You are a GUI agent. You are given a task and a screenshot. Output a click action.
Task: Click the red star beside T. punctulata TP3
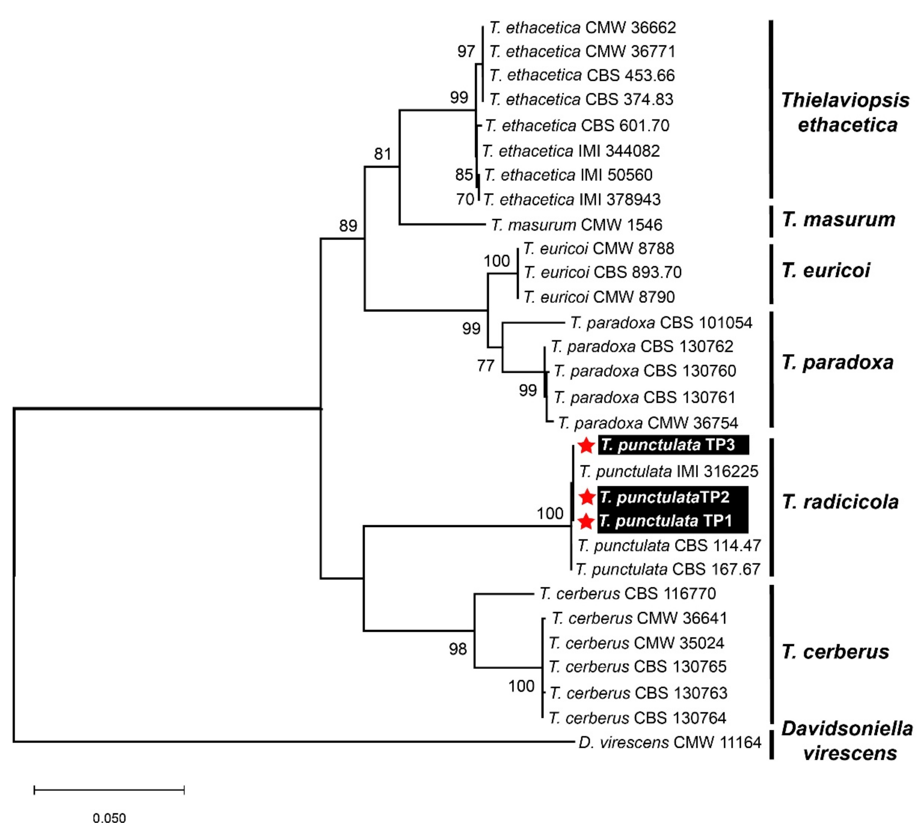[586, 446]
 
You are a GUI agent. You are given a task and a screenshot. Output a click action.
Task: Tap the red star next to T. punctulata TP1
[586, 521]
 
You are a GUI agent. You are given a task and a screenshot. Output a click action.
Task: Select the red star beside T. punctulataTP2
[587, 497]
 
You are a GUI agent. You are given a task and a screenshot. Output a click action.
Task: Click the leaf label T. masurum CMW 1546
[576, 225]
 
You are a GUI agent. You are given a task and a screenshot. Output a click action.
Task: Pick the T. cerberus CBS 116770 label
[627, 593]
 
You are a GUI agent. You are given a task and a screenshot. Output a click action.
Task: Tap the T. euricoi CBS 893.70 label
[602, 272]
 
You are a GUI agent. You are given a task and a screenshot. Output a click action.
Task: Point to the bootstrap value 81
[382, 154]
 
